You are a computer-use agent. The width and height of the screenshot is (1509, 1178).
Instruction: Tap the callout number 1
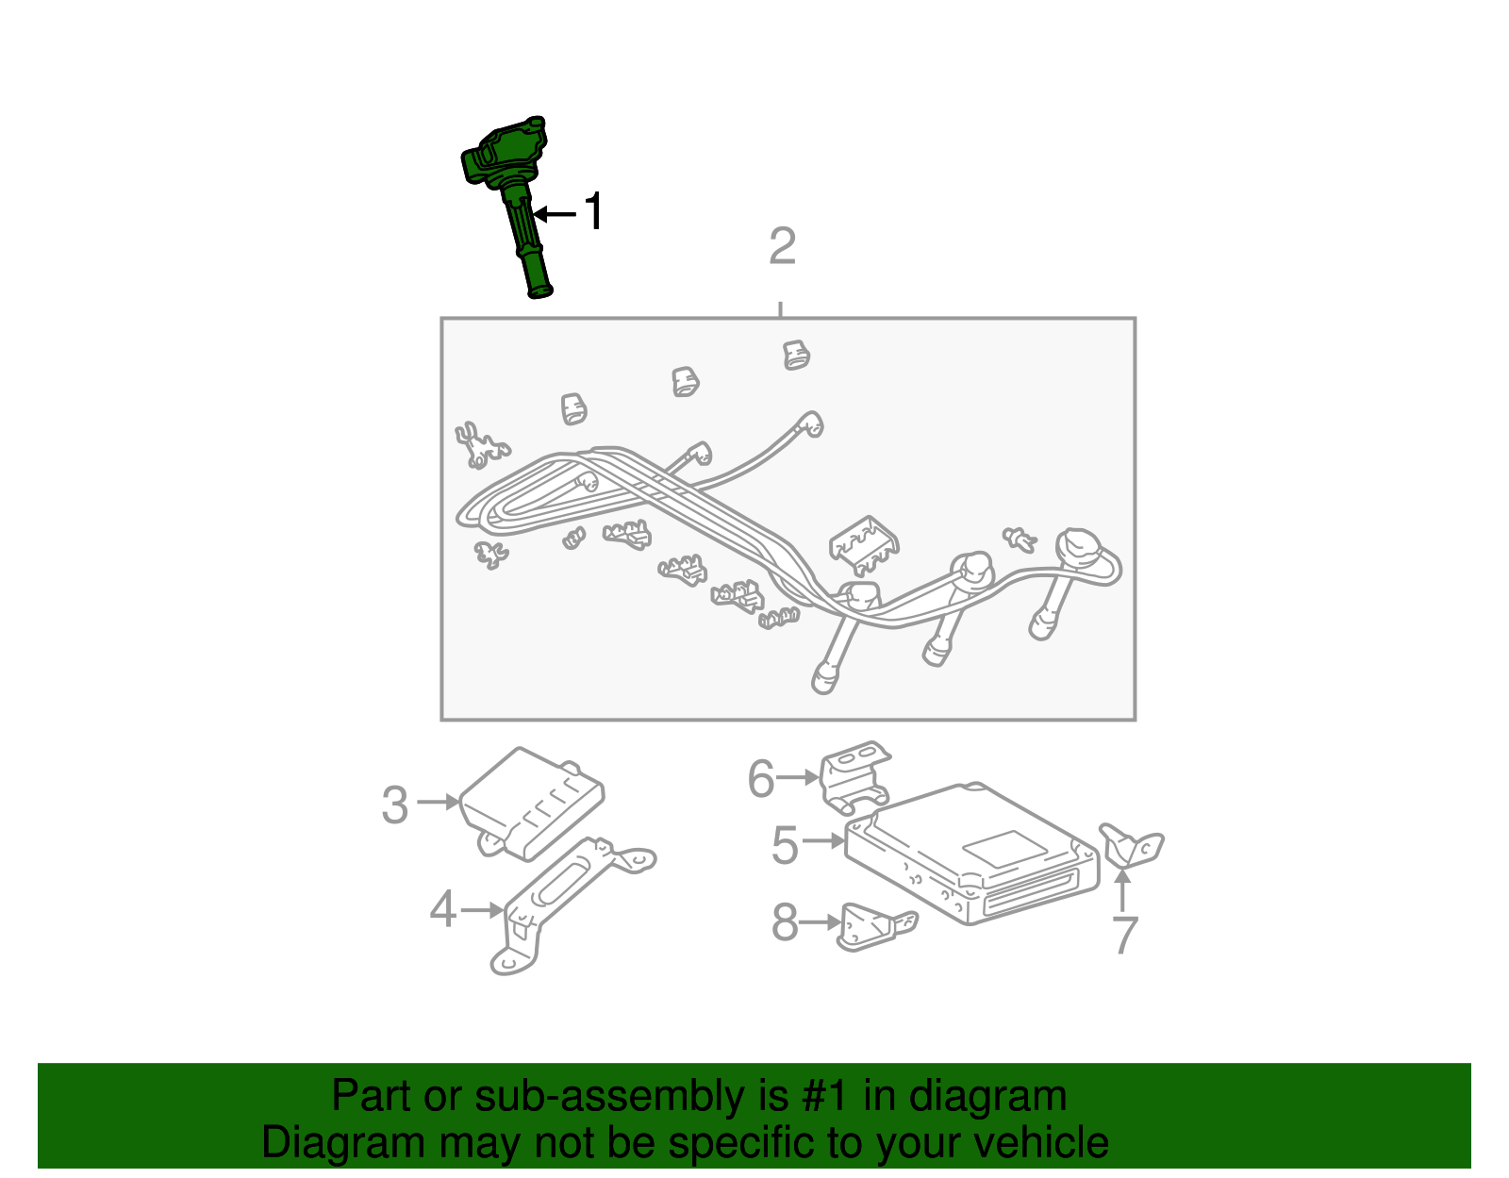click(x=593, y=212)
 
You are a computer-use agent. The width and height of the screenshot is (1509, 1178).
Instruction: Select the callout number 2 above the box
click(x=782, y=247)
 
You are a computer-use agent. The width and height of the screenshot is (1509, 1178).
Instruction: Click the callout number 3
click(x=395, y=805)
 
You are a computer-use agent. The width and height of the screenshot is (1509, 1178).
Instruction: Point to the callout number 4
click(x=442, y=911)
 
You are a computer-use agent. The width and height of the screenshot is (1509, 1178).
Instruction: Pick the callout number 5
click(x=785, y=845)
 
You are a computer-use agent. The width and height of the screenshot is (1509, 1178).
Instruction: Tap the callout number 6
click(x=760, y=779)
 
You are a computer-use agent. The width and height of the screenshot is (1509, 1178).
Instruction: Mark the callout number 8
click(x=785, y=922)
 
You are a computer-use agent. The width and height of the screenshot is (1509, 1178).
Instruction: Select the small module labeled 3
click(x=532, y=802)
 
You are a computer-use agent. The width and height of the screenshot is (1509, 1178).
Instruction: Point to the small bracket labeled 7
click(x=1132, y=845)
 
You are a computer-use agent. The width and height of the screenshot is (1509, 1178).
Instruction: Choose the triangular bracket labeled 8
click(x=872, y=926)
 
